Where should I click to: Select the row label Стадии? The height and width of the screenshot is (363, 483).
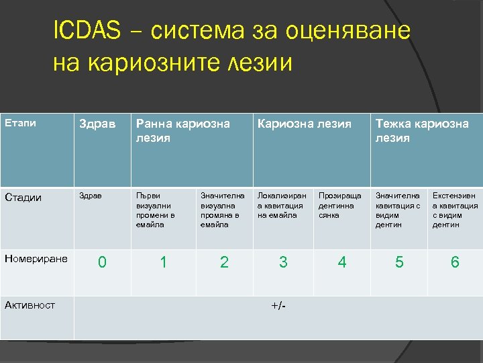point(23,197)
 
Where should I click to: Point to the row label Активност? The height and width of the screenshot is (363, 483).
point(30,305)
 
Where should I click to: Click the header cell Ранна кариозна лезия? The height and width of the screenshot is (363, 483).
point(182,130)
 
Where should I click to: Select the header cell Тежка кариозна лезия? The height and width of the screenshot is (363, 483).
point(422,130)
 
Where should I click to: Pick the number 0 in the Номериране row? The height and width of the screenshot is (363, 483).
point(101,262)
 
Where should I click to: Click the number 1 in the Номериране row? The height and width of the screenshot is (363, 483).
point(163,262)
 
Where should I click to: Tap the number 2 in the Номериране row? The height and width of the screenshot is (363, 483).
point(224,262)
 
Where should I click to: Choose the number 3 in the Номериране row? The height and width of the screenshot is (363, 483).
point(283,262)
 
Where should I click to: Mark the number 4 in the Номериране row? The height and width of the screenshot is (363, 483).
point(342,262)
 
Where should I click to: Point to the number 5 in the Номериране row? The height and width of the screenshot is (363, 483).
point(399,262)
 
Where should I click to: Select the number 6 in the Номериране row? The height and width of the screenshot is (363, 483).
point(455,262)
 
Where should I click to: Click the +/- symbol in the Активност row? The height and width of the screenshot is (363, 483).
point(278,306)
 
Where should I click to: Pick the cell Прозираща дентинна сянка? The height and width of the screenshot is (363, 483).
point(339,205)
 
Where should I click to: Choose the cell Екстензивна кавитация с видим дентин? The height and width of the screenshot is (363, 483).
point(455,210)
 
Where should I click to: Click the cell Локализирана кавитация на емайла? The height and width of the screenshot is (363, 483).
point(280,205)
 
